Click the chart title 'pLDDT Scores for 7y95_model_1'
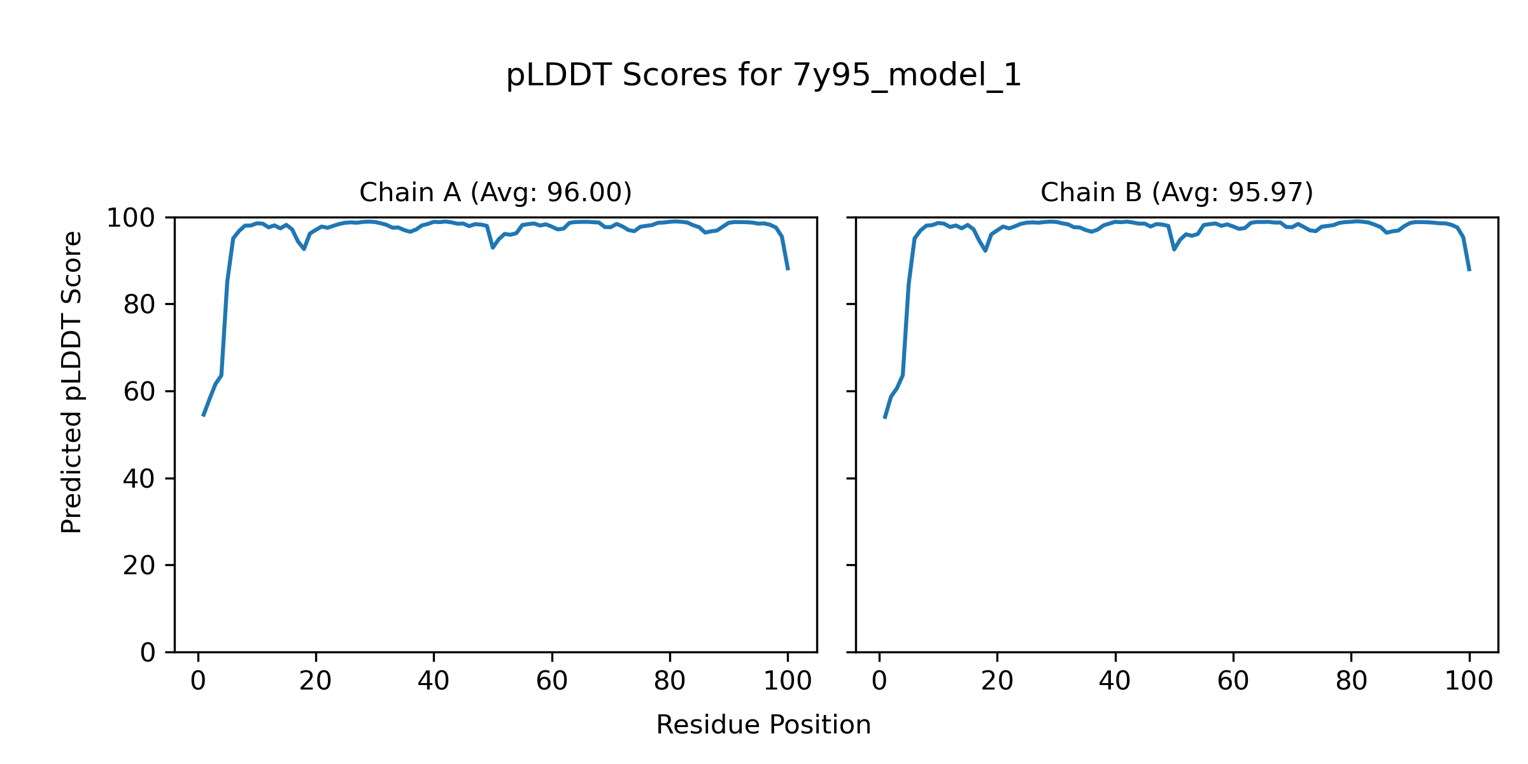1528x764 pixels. pyautogui.click(x=763, y=76)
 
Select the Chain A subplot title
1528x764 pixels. pyautogui.click(x=495, y=192)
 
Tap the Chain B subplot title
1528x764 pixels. pyautogui.click(x=1177, y=192)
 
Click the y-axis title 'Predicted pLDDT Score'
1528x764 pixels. pyautogui.click(x=72, y=382)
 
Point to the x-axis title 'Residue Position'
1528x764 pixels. pyautogui.click(x=763, y=725)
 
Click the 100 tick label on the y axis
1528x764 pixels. pyautogui.click(x=131, y=218)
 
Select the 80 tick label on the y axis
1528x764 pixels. pyautogui.click(x=139, y=305)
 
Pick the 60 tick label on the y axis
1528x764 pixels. pyautogui.click(x=139, y=392)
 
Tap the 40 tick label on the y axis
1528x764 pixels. pyautogui.click(x=139, y=479)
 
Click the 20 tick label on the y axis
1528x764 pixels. pyautogui.click(x=139, y=565)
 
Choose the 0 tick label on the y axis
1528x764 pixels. pyautogui.click(x=148, y=653)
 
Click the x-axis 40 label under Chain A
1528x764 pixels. pyautogui.click(x=434, y=682)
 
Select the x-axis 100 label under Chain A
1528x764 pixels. pyautogui.click(x=788, y=682)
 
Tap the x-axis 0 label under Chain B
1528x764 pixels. pyautogui.click(x=879, y=682)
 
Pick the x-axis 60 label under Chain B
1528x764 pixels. pyautogui.click(x=1233, y=682)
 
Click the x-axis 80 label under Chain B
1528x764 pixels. pyautogui.click(x=1351, y=682)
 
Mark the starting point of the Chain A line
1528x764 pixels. pyautogui.click(x=203, y=416)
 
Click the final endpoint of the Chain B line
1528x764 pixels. pyautogui.click(x=1469, y=271)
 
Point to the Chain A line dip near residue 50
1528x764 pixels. pyautogui.click(x=493, y=247)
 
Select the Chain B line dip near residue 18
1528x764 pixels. pyautogui.click(x=985, y=250)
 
